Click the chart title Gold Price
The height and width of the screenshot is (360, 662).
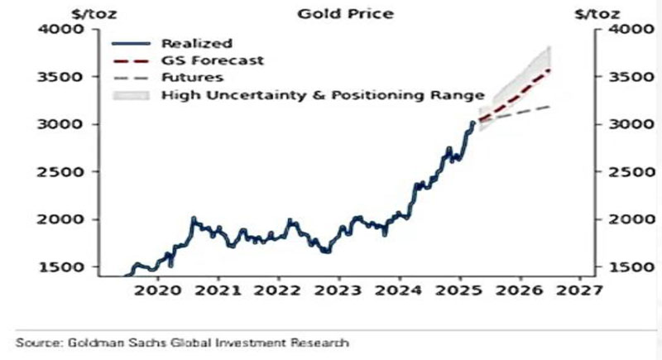tap(336, 14)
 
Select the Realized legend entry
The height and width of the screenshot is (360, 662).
tap(197, 43)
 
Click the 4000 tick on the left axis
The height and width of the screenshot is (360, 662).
tap(64, 30)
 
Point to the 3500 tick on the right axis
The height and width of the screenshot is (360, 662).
tap(626, 78)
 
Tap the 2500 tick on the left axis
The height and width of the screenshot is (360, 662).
tap(64, 172)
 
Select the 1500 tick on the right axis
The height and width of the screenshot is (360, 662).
tap(626, 267)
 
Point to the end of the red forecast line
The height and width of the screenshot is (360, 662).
tap(550, 70)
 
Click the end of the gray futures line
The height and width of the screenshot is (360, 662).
tap(550, 106)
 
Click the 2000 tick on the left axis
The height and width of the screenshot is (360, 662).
tap(64, 219)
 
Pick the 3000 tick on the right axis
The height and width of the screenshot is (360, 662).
tap(626, 125)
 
